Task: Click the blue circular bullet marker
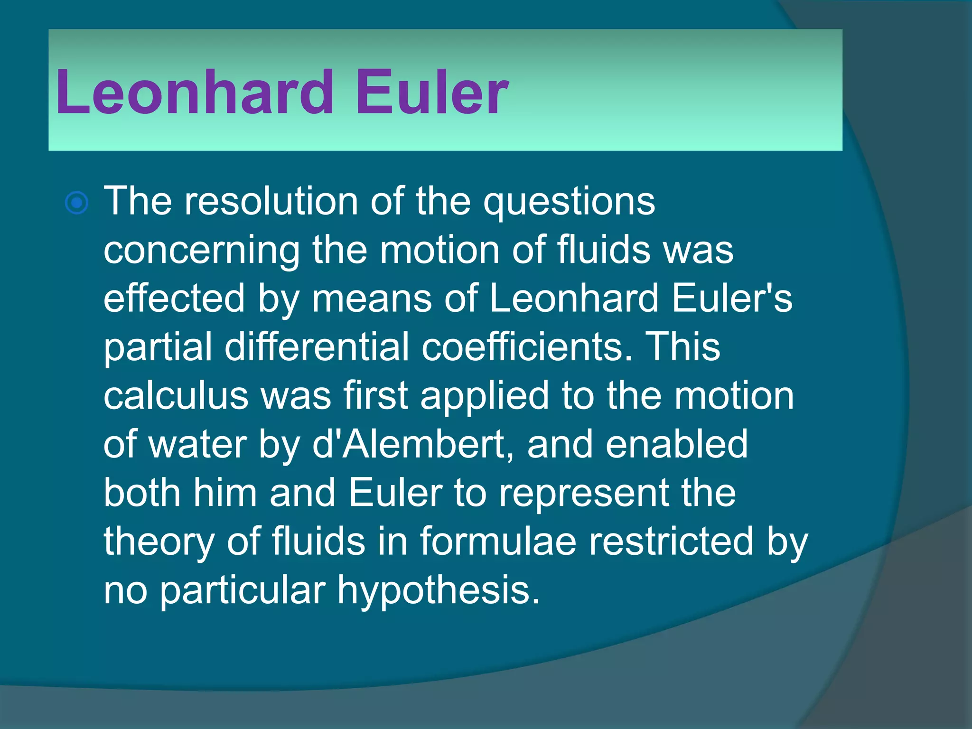pos(77,203)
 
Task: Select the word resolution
pos(271,201)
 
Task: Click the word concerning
pos(202,251)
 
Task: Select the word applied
pos(485,397)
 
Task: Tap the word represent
pos(584,494)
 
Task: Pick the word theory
pos(159,542)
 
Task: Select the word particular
pos(243,591)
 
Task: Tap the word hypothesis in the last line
pos(439,591)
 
